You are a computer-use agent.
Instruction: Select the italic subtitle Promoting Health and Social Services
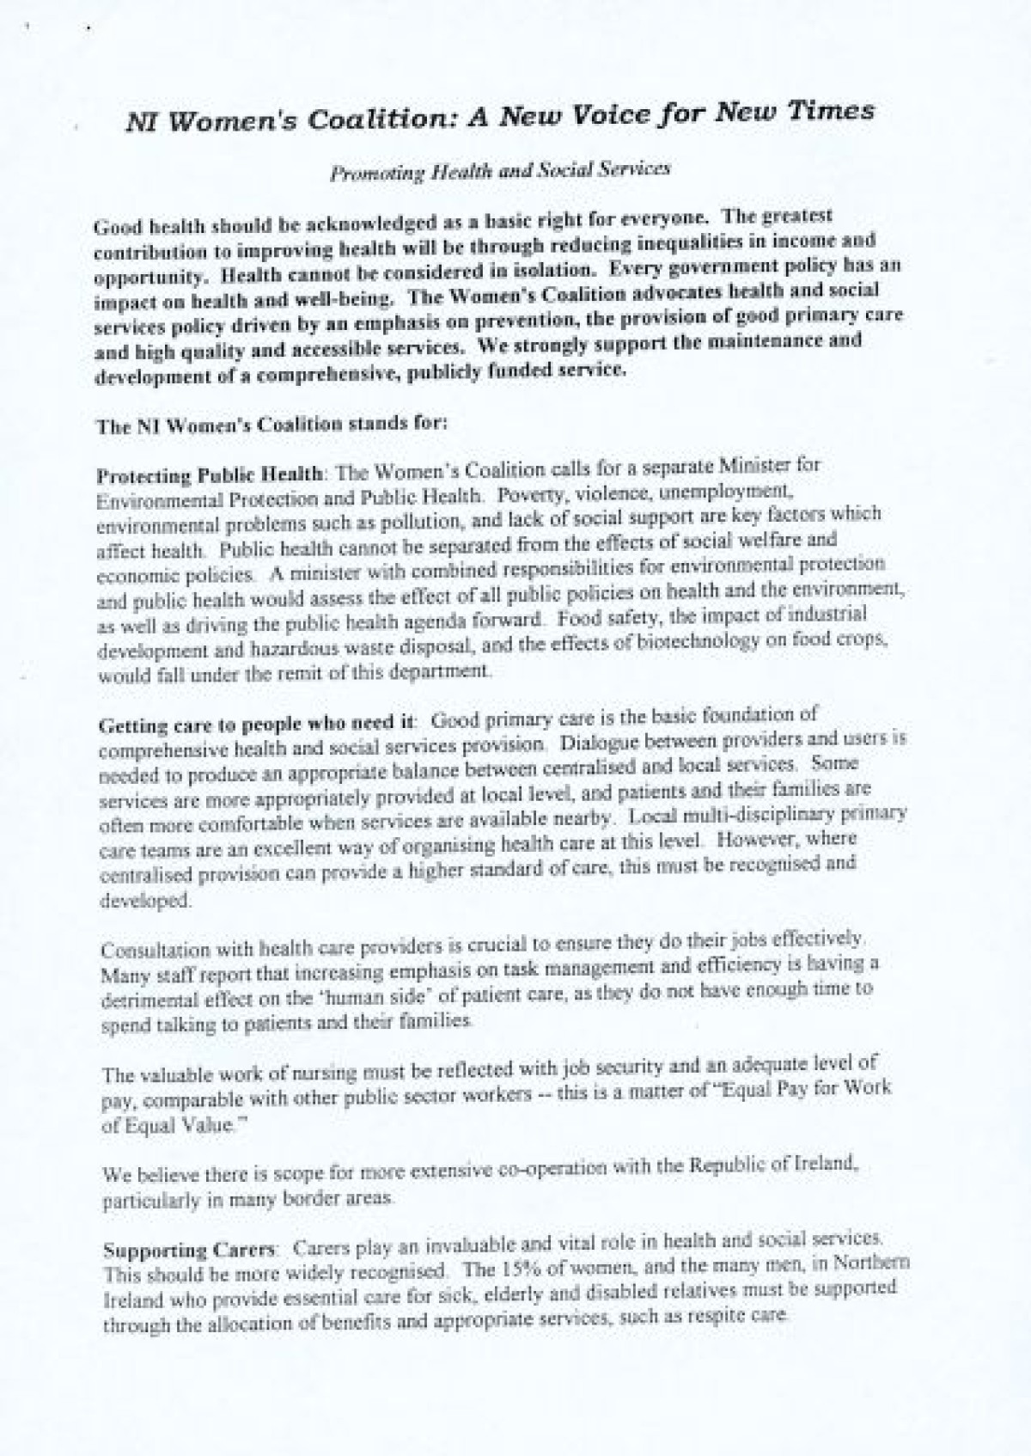click(x=500, y=170)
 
